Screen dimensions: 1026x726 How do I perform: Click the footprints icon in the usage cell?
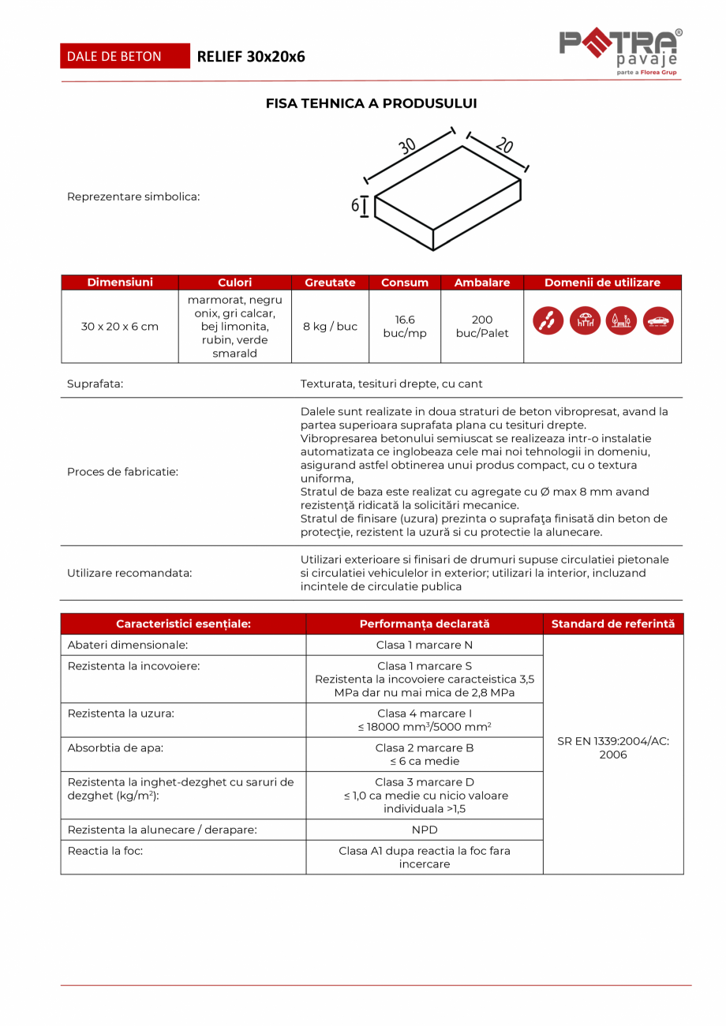pyautogui.click(x=548, y=320)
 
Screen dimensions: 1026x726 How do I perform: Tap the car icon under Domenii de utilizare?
pyautogui.click(x=659, y=320)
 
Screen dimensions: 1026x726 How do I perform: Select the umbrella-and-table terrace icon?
pyautogui.click(x=585, y=320)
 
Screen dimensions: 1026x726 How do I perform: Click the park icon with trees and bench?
pyautogui.click(x=622, y=320)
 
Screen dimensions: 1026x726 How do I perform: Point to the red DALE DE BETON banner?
pyautogui.click(x=125, y=56)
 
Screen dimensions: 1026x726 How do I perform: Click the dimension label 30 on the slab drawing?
pyautogui.click(x=407, y=146)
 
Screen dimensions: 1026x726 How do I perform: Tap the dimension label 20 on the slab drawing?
pyautogui.click(x=504, y=145)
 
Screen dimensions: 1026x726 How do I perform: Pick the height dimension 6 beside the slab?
pyautogui.click(x=356, y=206)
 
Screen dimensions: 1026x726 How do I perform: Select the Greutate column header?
pyautogui.click(x=330, y=283)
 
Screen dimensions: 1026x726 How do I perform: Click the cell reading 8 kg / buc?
pyautogui.click(x=330, y=326)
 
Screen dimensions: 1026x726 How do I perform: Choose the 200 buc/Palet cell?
pyautogui.click(x=482, y=326)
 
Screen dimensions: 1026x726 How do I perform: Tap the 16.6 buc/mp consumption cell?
pyautogui.click(x=405, y=326)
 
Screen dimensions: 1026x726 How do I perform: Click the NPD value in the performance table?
pyautogui.click(x=425, y=829)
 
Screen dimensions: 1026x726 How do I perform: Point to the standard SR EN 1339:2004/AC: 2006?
pyautogui.click(x=613, y=748)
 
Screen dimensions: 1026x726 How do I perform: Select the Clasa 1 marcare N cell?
pyautogui.click(x=425, y=645)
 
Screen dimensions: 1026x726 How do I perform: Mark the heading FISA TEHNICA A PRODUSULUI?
pyautogui.click(x=371, y=103)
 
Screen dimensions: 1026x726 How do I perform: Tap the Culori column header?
pyautogui.click(x=235, y=283)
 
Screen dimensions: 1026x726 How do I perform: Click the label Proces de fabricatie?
pyautogui.click(x=122, y=472)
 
